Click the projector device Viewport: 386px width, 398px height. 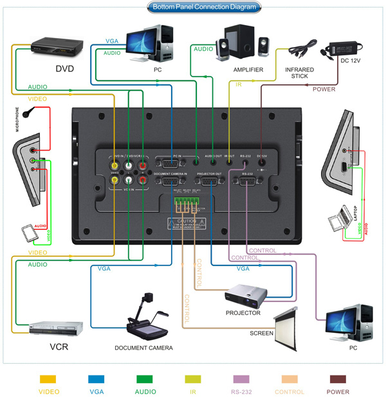pyautogui.click(x=248, y=296)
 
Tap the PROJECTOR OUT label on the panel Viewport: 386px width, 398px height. pyautogui.click(x=209, y=174)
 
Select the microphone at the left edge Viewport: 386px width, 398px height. pyautogui.click(x=28, y=113)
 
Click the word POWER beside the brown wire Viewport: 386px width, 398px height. pyautogui.click(x=324, y=89)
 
